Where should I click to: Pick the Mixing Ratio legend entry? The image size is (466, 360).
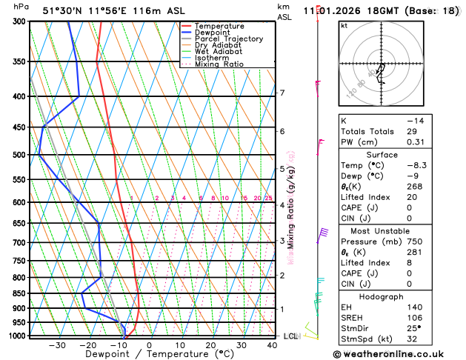[219, 64]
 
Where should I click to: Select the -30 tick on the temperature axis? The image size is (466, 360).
[56, 345]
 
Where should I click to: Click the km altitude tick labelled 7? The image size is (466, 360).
[282, 93]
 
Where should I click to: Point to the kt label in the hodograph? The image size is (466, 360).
[344, 25]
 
